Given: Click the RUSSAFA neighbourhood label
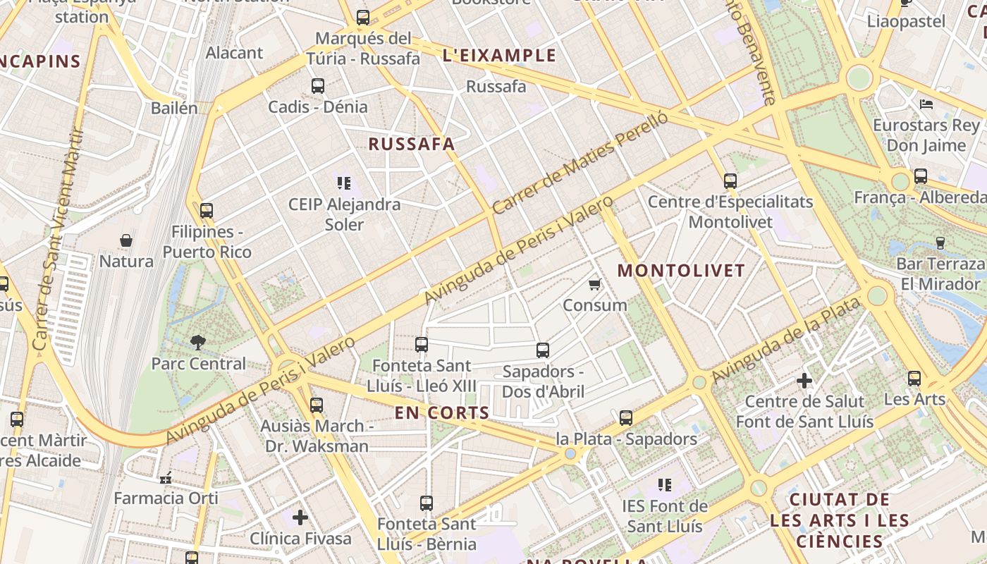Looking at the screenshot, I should (412, 145).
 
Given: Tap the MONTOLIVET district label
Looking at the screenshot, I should (681, 271).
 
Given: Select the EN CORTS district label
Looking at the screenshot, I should (442, 413).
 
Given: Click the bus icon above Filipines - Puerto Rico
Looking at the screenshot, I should (207, 210).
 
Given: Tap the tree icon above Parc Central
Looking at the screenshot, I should (198, 343).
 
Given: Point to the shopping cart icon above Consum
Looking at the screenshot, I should (594, 284).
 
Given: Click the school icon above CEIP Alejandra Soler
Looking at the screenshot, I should (344, 183).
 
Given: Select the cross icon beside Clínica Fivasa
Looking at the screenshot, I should (300, 517).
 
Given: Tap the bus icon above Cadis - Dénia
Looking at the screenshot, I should (318, 86).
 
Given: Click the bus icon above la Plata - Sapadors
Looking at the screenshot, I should (626, 418).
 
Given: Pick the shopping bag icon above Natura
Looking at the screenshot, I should (126, 240).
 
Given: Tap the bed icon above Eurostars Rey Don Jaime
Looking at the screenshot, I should (926, 104).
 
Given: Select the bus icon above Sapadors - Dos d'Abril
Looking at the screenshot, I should (543, 350).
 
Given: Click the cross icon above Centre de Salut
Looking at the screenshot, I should (804, 381).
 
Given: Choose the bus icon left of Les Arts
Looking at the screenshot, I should (914, 379).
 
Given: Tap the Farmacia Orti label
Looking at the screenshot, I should (166, 498).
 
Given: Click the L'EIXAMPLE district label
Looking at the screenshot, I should (499, 56).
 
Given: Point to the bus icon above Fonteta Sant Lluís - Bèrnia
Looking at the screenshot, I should (427, 503).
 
